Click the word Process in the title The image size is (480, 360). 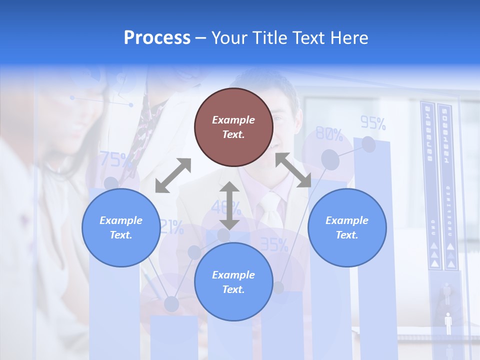pyautogui.click(x=157, y=38)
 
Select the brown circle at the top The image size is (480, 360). pyautogui.click(x=233, y=127)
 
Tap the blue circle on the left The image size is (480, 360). pyautogui.click(x=121, y=227)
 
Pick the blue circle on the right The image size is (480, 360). pyautogui.click(x=347, y=227)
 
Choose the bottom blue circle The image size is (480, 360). pyautogui.click(x=233, y=282)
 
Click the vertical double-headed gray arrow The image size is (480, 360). pyautogui.click(x=229, y=205)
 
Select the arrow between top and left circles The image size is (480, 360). pyautogui.click(x=173, y=175)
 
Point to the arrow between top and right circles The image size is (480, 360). pyautogui.click(x=293, y=170)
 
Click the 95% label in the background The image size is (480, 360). pyautogui.click(x=373, y=122)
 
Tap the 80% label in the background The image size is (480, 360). pyautogui.click(x=329, y=134)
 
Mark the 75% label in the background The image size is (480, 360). pyautogui.click(x=115, y=160)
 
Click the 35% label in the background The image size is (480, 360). pyautogui.click(x=274, y=244)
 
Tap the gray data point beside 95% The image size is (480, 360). pyautogui.click(x=368, y=144)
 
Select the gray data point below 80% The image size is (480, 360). pyautogui.click(x=330, y=159)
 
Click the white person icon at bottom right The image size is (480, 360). pyautogui.click(x=448, y=323)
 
